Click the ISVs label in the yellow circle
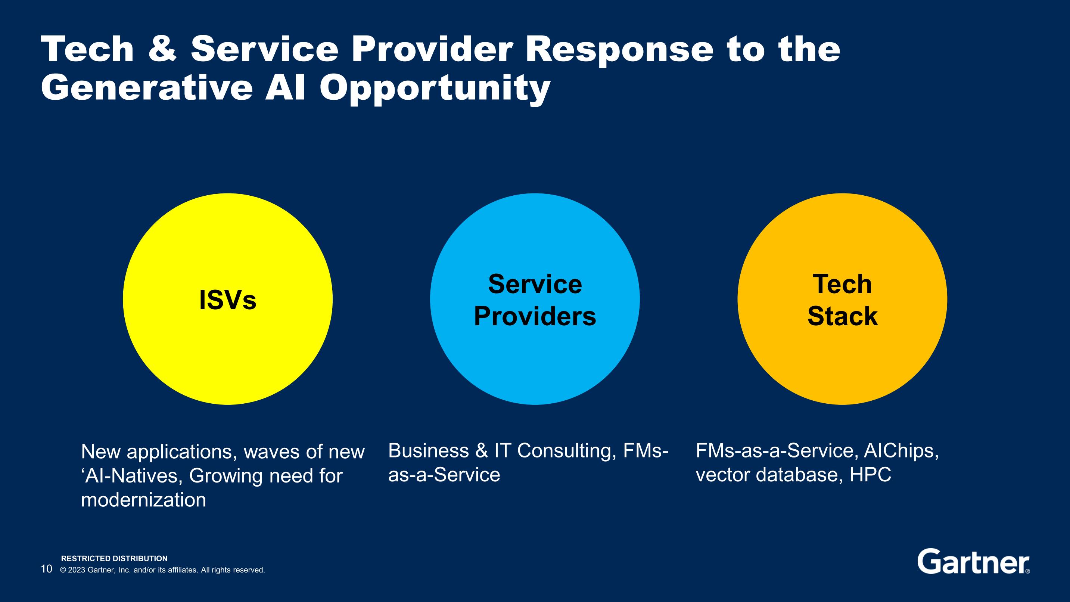click(228, 300)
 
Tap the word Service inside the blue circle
click(535, 284)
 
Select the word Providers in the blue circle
click(535, 317)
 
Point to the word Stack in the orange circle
click(842, 317)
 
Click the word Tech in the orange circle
click(842, 284)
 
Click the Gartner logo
click(974, 562)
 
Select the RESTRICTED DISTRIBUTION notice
click(114, 558)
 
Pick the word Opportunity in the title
click(435, 89)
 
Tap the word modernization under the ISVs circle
click(144, 500)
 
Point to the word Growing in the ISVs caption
click(225, 476)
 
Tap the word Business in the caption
click(429, 451)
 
